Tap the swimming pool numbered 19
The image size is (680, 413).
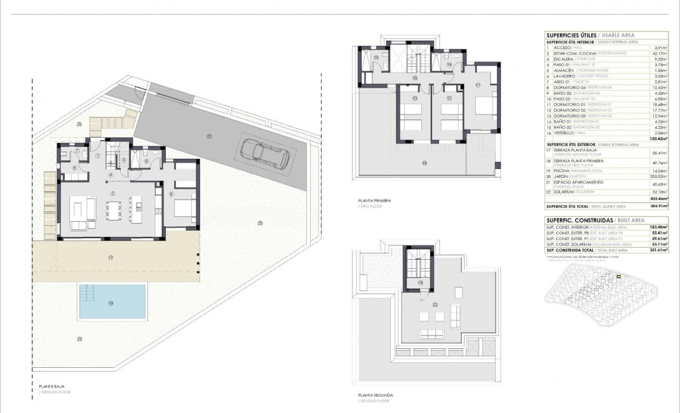(111, 302)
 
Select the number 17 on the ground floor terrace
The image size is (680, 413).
(111, 257)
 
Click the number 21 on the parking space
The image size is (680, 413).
(208, 136)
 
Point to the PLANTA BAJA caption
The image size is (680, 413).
(51, 386)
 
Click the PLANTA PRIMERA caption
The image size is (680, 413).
(374, 200)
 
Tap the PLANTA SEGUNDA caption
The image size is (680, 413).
(376, 395)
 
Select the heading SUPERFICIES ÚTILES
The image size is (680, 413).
(571, 36)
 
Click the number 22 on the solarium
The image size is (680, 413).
(435, 304)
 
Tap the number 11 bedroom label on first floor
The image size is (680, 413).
(478, 85)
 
